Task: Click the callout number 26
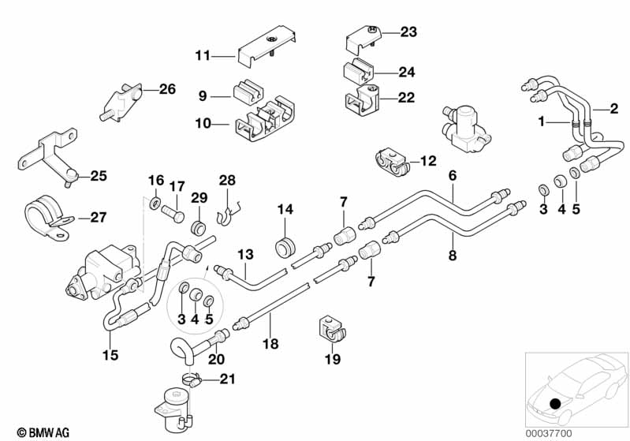167,90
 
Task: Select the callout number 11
203,55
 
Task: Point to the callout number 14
285,209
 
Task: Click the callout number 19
331,360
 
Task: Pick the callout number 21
227,379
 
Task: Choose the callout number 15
110,355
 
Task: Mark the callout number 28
227,180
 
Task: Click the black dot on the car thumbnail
557,404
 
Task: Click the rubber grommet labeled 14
284,246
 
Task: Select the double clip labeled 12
393,161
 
